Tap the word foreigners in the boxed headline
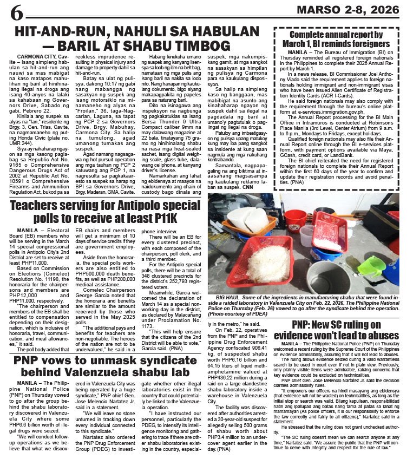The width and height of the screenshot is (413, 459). pyautogui.click(x=361, y=43)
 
